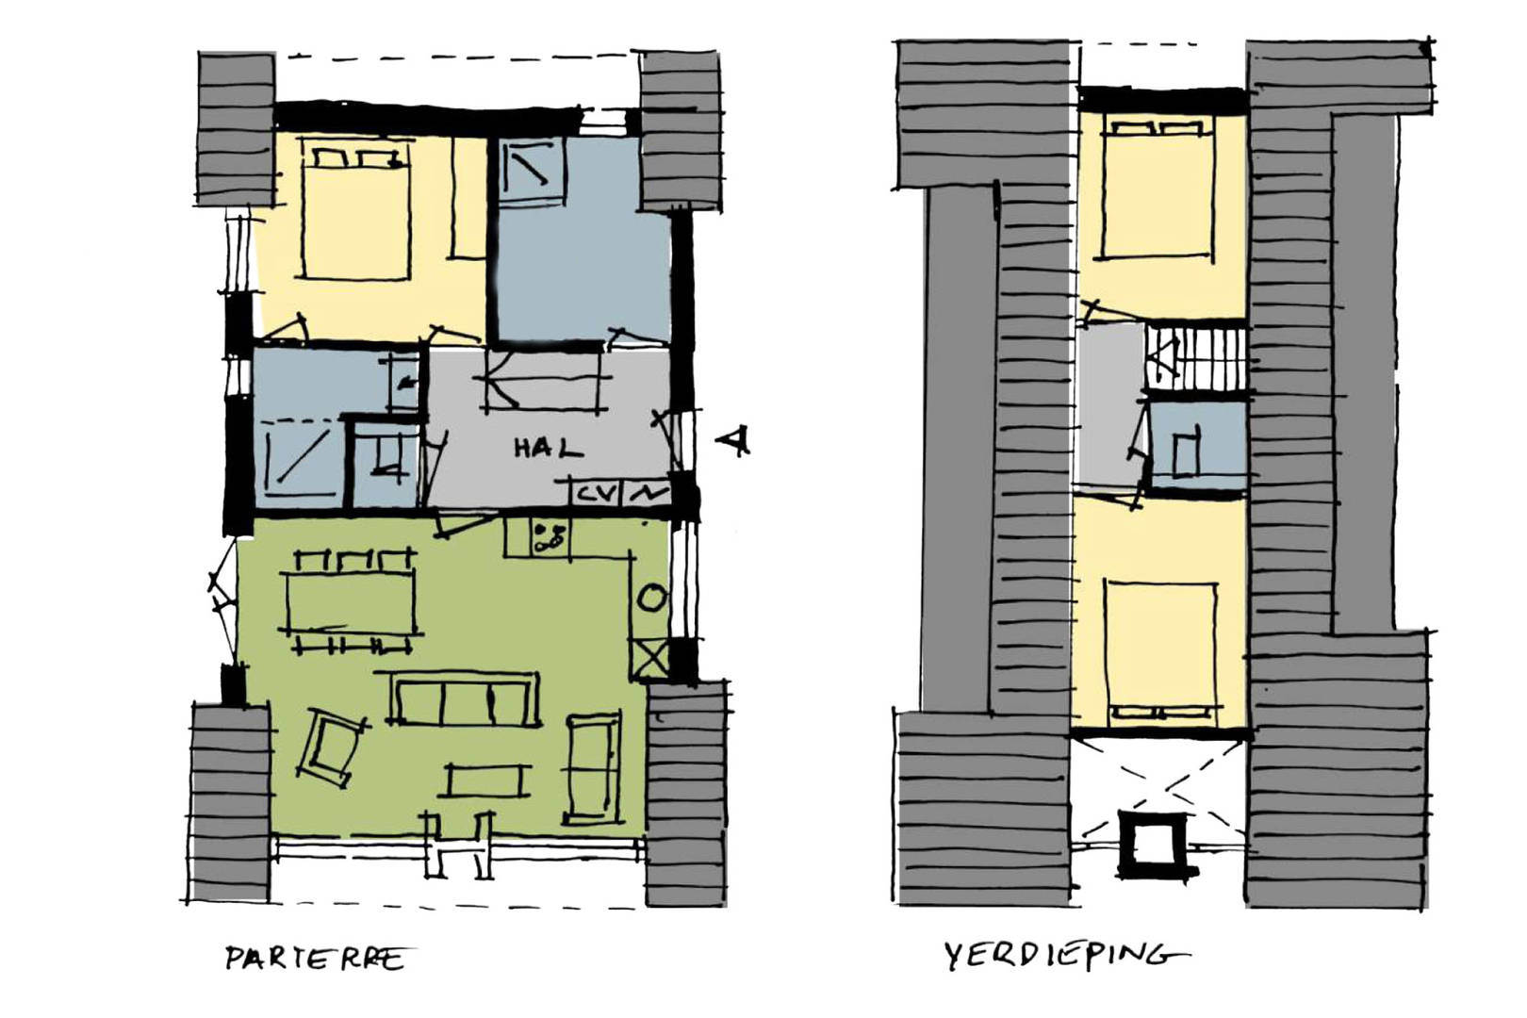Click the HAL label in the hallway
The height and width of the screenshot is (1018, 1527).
(x=549, y=448)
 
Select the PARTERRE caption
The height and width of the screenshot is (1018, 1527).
(x=315, y=958)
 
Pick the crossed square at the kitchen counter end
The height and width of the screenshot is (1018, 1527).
(x=650, y=659)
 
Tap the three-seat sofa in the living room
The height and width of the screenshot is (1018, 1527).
(x=464, y=698)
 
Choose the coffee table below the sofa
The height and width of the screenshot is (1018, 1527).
(x=488, y=780)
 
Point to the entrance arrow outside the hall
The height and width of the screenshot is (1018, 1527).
(x=733, y=440)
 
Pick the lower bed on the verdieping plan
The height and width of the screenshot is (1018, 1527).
(x=1161, y=652)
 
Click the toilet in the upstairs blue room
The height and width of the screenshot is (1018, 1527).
(x=1186, y=452)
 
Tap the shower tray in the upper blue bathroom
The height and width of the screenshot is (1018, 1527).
(x=533, y=171)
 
